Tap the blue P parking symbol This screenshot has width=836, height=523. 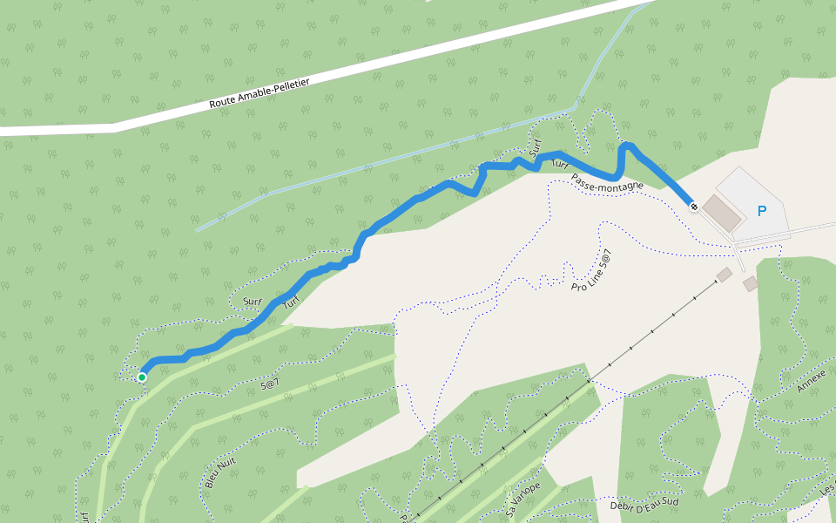pos(762,211)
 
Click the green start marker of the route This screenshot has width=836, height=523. pos(141,377)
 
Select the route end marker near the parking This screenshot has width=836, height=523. pos(693,206)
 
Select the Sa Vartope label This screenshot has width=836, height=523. pos(522,498)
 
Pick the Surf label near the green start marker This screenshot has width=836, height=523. pos(253,302)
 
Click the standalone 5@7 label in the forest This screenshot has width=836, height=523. pos(269,381)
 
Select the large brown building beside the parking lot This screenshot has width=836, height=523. pos(720,212)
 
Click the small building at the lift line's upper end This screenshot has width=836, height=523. pos(724,275)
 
